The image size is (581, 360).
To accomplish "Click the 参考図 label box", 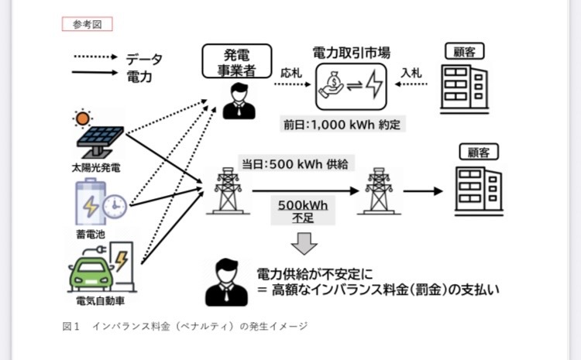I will pos(88,23).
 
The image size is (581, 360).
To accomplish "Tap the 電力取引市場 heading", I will pos(350,53).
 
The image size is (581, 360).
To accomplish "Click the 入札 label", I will pos(411,72).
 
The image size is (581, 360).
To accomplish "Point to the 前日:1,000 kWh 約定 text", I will pos(342,123).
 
